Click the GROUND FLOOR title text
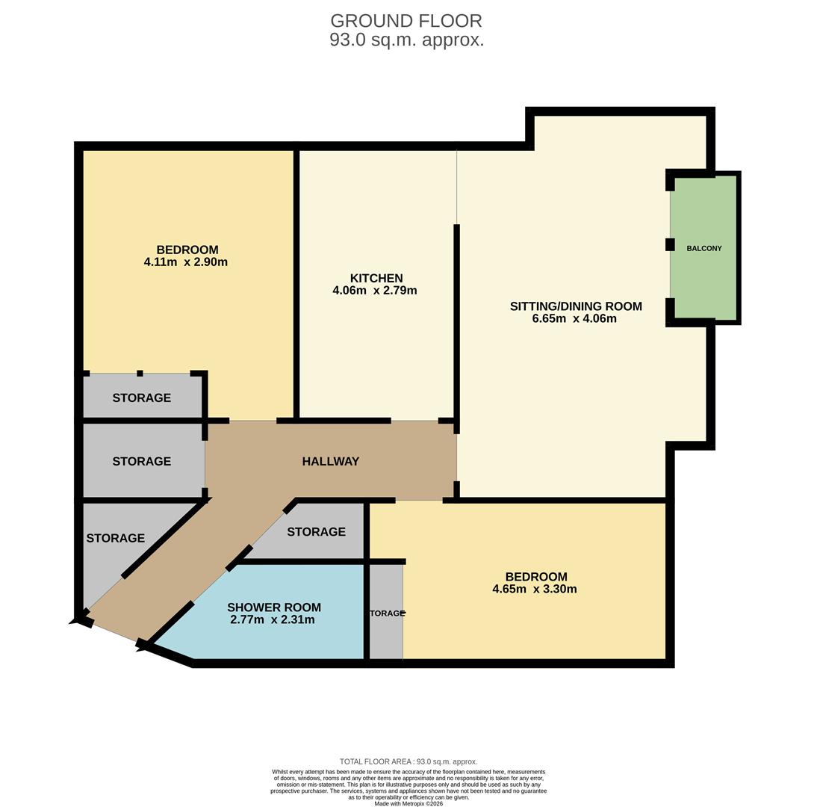tap(406, 21)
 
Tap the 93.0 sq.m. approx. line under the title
tap(406, 40)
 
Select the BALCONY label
tap(703, 248)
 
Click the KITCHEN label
tap(376, 278)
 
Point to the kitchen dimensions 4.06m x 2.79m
tap(375, 291)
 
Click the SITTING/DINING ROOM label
tap(575, 306)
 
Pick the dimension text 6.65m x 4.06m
tap(574, 319)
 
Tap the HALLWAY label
tap(330, 462)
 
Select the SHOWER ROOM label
tap(274, 607)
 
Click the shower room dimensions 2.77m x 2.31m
tap(272, 620)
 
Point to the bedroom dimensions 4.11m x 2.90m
tap(185, 262)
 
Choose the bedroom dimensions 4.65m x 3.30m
tap(534, 589)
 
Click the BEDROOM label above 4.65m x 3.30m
tap(536, 577)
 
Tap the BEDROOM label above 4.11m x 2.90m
tap(187, 250)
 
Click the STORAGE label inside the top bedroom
tap(141, 398)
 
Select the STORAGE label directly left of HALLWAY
tap(141, 462)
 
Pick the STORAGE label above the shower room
tap(316, 532)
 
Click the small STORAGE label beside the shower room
tap(385, 613)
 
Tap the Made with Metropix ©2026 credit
tap(408, 804)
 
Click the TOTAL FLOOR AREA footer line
tap(408, 761)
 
